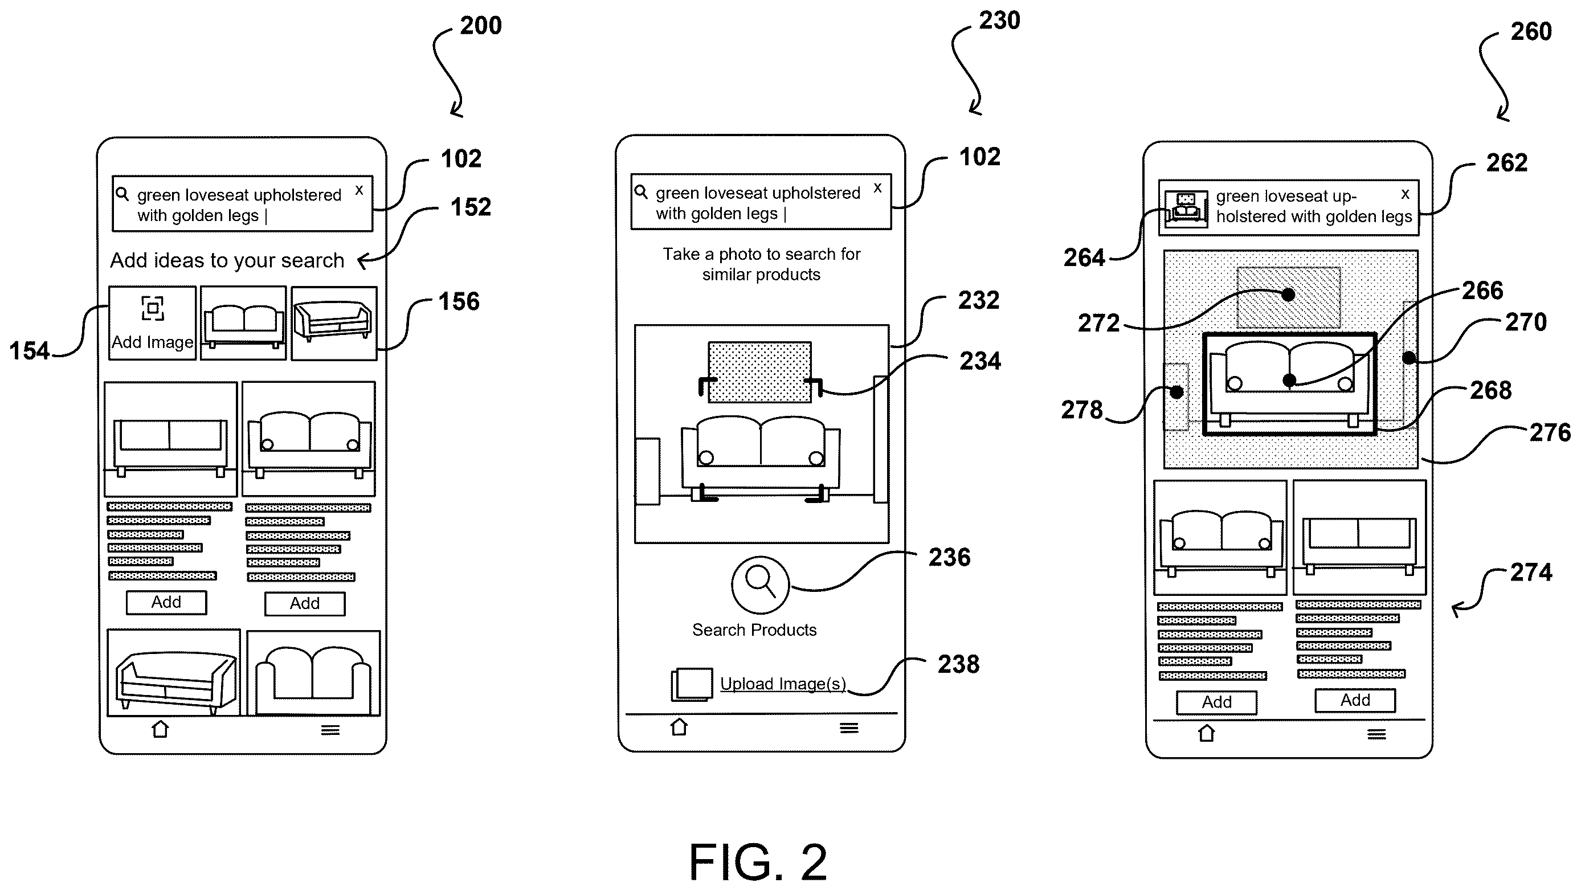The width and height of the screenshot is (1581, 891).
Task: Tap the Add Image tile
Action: pos(152,323)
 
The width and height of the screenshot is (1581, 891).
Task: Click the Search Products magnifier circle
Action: pos(760,585)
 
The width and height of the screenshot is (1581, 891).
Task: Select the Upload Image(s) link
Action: pos(782,684)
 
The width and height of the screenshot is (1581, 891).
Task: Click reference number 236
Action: pos(949,557)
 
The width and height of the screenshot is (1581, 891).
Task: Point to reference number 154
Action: pos(29,351)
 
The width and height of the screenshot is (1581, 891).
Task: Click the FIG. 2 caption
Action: pos(758,861)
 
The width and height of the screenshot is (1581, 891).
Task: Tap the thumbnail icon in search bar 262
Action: pos(1186,209)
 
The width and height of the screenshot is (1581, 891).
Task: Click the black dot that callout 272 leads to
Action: pos(1288,295)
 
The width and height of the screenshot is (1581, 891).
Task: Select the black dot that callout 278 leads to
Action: pos(1176,392)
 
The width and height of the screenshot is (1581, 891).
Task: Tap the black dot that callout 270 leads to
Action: pos(1409,357)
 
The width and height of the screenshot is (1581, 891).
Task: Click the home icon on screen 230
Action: pos(679,726)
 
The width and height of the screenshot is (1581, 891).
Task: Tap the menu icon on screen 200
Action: pos(330,730)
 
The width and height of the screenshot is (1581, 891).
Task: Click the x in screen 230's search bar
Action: pos(877,188)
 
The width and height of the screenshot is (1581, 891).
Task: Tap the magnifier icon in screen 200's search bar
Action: pos(122,194)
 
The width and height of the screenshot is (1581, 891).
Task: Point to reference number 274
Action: pos(1531,572)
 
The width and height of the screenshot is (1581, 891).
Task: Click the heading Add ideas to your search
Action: pos(227,260)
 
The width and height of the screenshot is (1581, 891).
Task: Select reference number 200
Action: pos(480,25)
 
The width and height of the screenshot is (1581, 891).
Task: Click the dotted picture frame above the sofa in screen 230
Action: pos(760,372)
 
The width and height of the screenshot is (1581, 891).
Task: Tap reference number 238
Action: pos(958,664)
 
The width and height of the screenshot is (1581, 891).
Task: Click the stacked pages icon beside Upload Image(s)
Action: pos(692,684)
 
